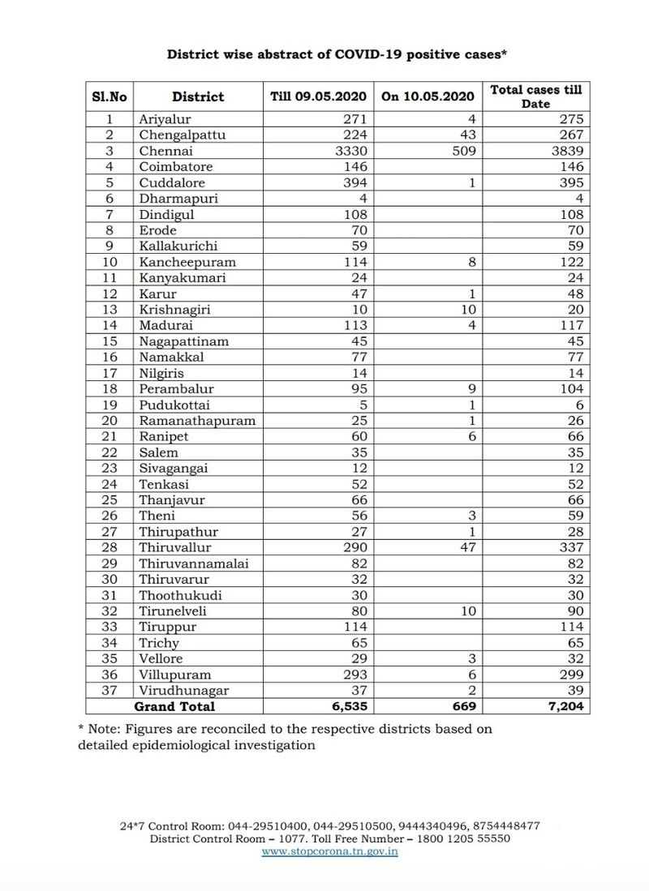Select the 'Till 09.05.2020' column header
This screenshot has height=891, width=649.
[318, 96]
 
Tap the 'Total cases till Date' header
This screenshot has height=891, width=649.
[536, 96]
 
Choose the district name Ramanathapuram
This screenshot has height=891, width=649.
[197, 421]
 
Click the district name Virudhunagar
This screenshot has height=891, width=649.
[184, 690]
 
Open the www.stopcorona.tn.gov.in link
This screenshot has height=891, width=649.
[329, 852]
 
